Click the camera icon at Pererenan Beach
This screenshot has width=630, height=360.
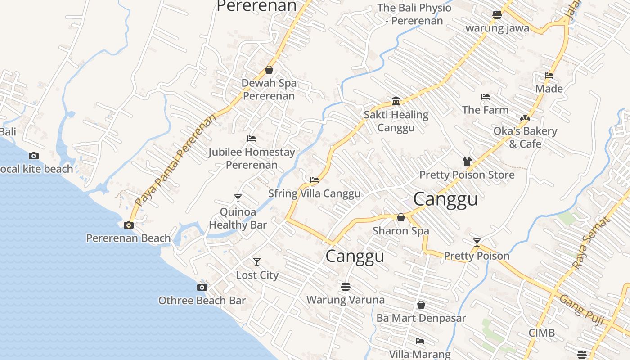129,225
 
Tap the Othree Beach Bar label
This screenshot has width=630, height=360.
202,300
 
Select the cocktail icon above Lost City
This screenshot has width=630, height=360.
256,261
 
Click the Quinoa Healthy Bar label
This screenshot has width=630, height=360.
238,218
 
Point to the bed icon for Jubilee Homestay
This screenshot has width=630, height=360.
252,139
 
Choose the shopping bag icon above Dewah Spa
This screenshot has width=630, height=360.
269,70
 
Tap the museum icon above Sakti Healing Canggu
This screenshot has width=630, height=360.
396,101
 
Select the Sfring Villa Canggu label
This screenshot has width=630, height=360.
315,193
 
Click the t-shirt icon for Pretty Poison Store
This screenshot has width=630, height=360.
467,161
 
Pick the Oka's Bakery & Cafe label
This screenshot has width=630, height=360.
525,137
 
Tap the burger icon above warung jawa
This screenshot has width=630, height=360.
497,14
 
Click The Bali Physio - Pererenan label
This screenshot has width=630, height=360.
414,14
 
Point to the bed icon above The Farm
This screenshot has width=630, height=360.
485,96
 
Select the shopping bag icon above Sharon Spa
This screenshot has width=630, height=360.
401,217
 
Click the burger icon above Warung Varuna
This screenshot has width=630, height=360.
346,286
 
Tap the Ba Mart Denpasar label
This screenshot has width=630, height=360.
421,318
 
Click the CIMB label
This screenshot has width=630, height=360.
541,333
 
